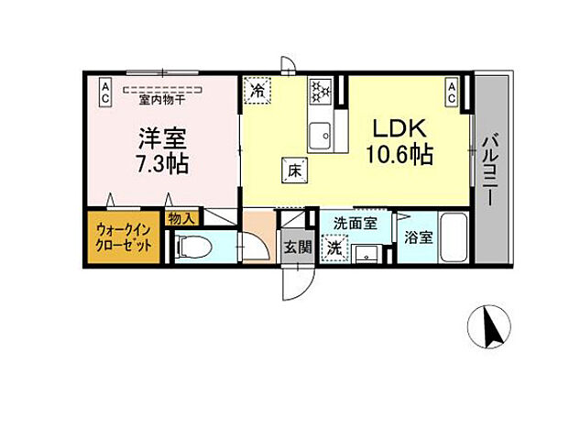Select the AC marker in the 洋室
tap(105, 90)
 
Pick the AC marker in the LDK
tap(453, 90)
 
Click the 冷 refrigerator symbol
tap(257, 91)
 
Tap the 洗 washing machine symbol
tap(335, 247)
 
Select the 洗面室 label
tap(354, 223)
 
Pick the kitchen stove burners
tap(321, 91)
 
